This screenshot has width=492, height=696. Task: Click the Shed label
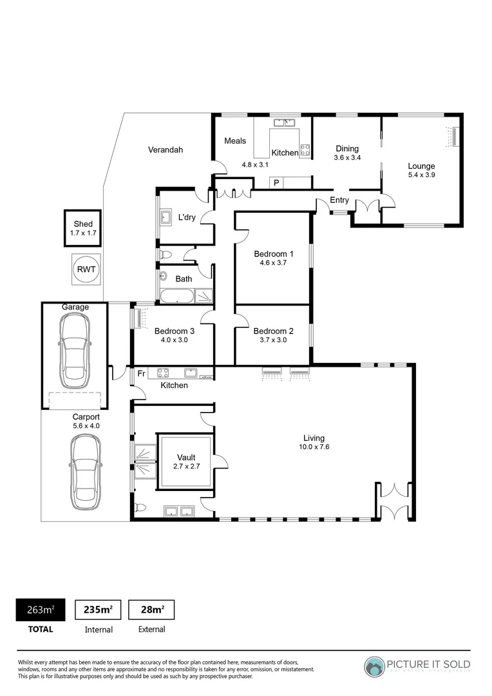pyautogui.click(x=82, y=224)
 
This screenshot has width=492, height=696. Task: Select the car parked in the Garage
pyautogui.click(x=75, y=351)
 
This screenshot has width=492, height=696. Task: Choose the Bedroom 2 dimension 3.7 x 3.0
pyautogui.click(x=273, y=340)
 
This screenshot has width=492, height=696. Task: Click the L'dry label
pyautogui.click(x=187, y=217)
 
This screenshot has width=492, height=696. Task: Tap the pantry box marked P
pyautogui.click(x=276, y=183)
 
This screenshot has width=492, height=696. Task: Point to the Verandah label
pyautogui.click(x=166, y=150)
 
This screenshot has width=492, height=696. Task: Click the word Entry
pyautogui.click(x=339, y=200)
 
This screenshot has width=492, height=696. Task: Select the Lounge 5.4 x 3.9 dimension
pyautogui.click(x=422, y=175)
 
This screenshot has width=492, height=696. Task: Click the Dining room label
pyautogui.click(x=346, y=149)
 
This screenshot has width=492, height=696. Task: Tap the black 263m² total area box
pyautogui.click(x=40, y=610)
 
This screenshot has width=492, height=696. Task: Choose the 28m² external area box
pyautogui.click(x=151, y=610)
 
